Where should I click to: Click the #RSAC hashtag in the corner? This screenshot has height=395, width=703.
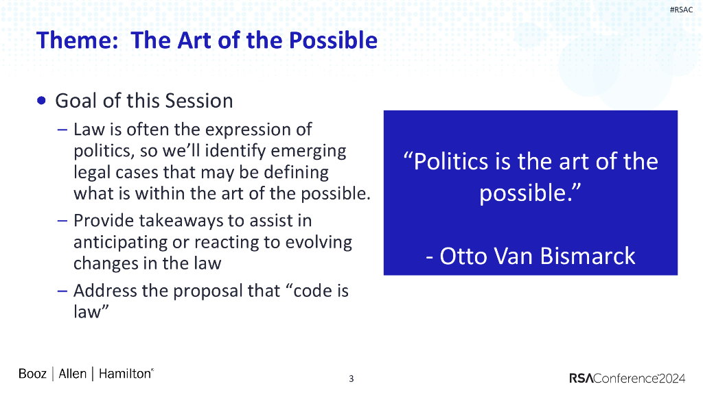681,10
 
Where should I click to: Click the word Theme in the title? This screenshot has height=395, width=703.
77,40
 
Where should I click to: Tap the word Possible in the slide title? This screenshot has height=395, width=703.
333,40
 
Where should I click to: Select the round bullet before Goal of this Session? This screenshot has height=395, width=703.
41,100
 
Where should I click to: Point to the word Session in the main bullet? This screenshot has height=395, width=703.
199,101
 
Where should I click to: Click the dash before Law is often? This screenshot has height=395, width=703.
62,130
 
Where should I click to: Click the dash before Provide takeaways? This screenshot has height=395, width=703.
62,221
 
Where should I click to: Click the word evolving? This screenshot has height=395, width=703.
319,242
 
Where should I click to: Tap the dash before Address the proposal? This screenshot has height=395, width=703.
62,291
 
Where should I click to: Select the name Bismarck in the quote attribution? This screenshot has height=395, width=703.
588,256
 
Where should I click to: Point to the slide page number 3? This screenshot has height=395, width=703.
351,379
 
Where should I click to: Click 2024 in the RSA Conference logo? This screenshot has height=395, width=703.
672,379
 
